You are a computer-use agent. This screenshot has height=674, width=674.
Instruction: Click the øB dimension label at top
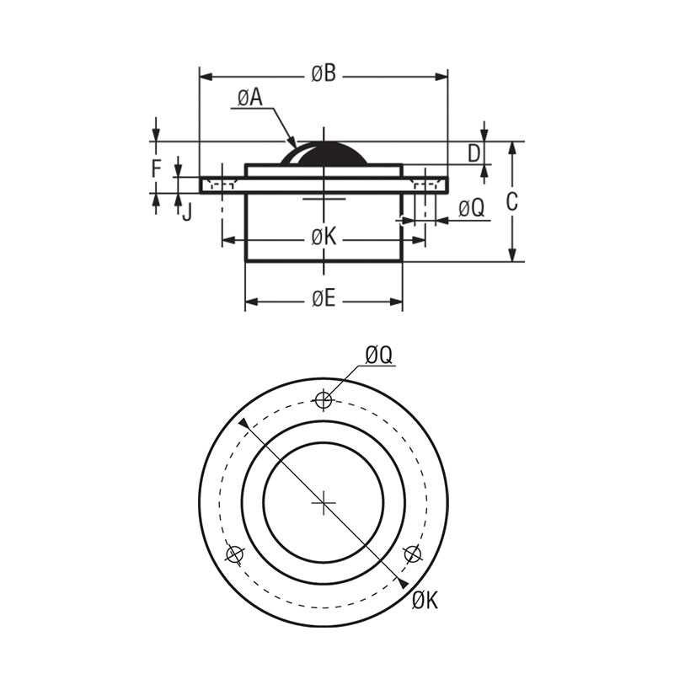click(324, 74)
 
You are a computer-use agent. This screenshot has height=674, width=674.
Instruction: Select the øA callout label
click(249, 99)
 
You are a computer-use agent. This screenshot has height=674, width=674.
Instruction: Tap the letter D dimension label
click(473, 152)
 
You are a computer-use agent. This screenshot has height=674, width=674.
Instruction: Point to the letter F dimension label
click(156, 168)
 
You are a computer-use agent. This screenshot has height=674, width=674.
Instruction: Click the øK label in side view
click(324, 238)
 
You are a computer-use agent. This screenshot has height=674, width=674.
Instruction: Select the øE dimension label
click(324, 299)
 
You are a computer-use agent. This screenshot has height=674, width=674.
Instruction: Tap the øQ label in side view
click(472, 208)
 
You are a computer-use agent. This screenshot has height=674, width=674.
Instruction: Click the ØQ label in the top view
click(379, 356)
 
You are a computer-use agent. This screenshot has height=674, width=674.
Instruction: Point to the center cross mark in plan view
click(324, 503)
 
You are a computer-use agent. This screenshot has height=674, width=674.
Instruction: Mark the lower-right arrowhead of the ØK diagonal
click(406, 584)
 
